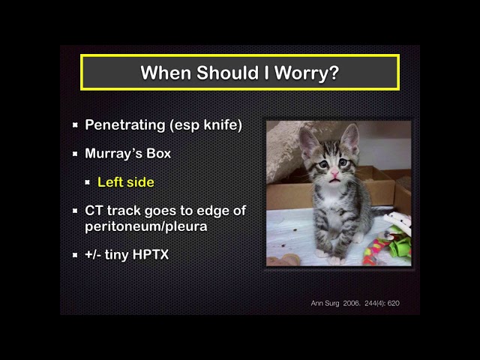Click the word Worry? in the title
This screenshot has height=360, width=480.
(307, 73)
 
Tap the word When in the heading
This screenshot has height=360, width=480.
(166, 73)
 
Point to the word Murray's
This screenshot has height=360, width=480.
(113, 154)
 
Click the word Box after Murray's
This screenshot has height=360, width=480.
(158, 153)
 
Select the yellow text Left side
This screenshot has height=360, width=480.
(126, 182)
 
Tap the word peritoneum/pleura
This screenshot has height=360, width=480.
(146, 226)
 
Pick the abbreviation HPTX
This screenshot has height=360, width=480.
(151, 255)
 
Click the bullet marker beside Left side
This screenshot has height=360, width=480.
(88, 182)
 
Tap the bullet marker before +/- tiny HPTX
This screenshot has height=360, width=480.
(75, 255)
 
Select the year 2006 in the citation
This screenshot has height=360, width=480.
(351, 303)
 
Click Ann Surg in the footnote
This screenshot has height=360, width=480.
(325, 303)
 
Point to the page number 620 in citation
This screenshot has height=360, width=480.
(393, 303)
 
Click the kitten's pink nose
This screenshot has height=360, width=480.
(334, 173)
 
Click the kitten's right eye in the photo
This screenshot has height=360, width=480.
(323, 165)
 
